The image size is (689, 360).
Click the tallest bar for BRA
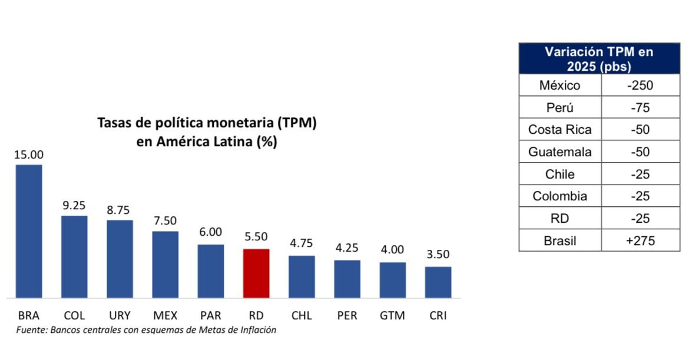pyautogui.click(x=29, y=231)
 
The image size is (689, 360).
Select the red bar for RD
pyautogui.click(x=256, y=273)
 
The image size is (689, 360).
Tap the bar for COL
pyautogui.click(x=74, y=257)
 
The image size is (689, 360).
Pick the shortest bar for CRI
pyautogui.click(x=438, y=282)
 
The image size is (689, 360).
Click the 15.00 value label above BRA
pyautogui.click(x=29, y=155)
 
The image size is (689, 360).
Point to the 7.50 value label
pyautogui.click(x=165, y=221)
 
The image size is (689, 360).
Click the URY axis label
pyautogui.click(x=120, y=315)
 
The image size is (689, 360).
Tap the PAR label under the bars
pyautogui.click(x=210, y=315)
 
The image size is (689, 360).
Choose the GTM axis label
pyautogui.click(x=392, y=315)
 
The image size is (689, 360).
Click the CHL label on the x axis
pyautogui.click(x=302, y=315)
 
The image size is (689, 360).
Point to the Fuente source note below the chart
pyautogui.click(x=146, y=330)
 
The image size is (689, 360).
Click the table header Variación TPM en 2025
pyautogui.click(x=598, y=59)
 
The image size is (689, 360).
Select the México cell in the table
pyautogui.click(x=559, y=85)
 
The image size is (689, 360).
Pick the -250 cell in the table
pyautogui.click(x=640, y=85)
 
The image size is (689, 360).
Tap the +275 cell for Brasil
pyautogui.click(x=640, y=240)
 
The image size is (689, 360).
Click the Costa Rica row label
pyautogui.click(x=559, y=130)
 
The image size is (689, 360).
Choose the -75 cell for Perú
pyautogui.click(x=640, y=108)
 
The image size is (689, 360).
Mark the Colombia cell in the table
pyautogui.click(x=559, y=196)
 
